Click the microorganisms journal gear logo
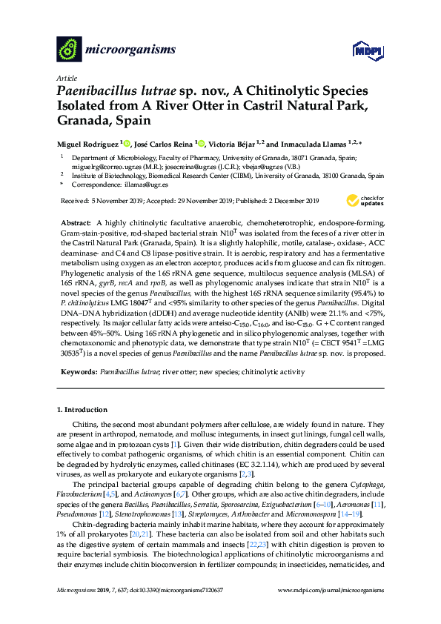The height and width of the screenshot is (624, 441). pos(70,50)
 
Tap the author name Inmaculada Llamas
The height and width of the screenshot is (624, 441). pos(315,144)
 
